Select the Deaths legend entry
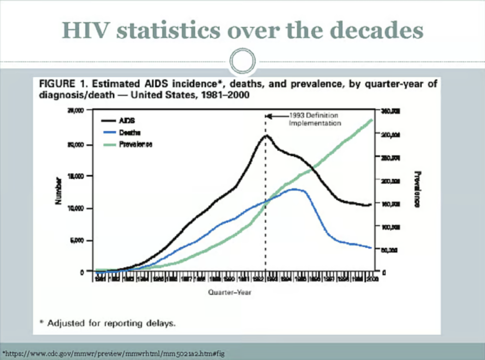(131, 133)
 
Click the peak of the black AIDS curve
(266, 135)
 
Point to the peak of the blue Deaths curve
(296, 189)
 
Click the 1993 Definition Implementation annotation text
(314, 119)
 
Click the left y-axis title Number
(59, 190)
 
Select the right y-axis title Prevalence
(417, 189)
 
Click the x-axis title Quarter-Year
(230, 292)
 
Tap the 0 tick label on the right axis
(384, 272)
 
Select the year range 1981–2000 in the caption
(221, 94)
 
